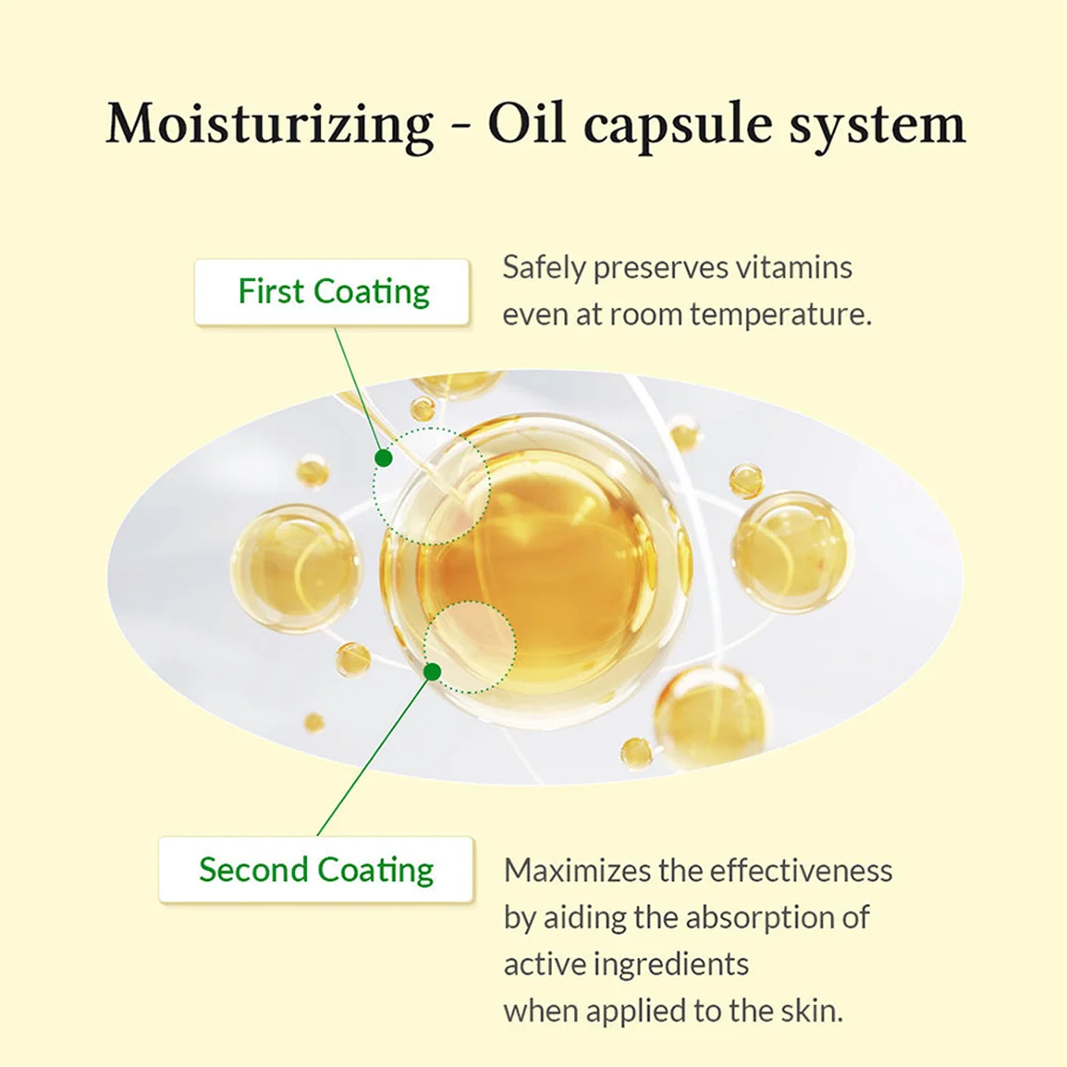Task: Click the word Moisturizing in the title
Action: coord(269,125)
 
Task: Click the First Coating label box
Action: coord(332,292)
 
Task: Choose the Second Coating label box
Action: coord(315,870)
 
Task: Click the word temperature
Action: coord(780,315)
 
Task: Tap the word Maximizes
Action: coord(576,870)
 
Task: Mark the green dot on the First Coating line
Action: coord(384,458)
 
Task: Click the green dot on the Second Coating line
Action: coord(432,672)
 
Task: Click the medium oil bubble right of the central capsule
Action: coord(792,550)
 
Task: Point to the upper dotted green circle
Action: coord(432,428)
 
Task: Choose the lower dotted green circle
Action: coord(470,602)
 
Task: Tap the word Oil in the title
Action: coord(527,125)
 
